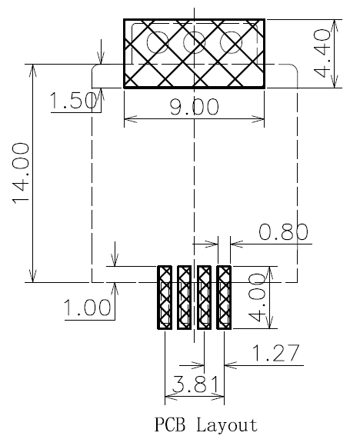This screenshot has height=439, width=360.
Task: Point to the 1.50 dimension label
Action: [71, 101]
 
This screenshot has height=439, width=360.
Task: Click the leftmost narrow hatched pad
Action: [165, 298]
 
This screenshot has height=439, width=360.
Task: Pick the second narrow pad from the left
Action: [184, 298]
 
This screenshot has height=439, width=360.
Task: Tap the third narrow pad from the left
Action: [204, 298]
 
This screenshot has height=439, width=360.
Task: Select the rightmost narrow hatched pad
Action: [224, 298]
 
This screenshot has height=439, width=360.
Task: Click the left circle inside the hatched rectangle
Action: [158, 41]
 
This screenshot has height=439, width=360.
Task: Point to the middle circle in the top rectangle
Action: [194, 41]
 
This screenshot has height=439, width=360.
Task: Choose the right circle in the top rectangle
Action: [229, 41]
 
